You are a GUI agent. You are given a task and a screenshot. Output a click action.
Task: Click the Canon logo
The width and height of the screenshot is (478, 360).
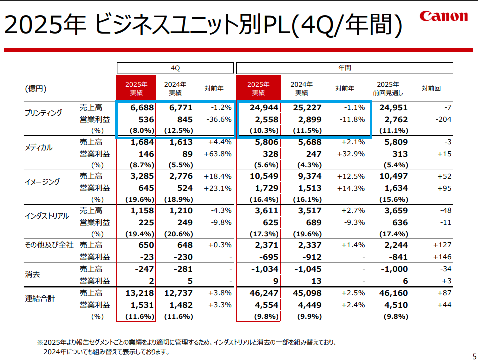coord(444,16)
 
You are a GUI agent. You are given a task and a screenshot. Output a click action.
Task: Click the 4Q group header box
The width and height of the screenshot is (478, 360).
coord(175,67)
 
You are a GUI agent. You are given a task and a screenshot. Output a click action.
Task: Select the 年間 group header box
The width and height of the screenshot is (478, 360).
coord(345,67)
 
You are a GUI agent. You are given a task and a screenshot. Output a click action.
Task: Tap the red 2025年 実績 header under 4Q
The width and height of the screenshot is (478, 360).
coord(136,88)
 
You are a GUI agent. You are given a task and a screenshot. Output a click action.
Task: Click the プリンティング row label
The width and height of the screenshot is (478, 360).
coord(44,113)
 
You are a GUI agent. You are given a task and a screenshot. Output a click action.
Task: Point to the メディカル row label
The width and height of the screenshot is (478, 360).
coord(39,147)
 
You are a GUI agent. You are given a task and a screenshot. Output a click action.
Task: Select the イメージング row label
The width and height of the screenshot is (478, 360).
coord(42,182)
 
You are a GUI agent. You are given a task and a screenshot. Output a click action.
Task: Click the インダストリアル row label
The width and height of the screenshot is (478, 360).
coord(46,216)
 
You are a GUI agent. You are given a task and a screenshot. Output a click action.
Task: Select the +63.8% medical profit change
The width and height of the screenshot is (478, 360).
coord(218,154)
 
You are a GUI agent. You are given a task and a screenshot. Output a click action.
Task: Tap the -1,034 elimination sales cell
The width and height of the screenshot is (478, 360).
coord(265,269)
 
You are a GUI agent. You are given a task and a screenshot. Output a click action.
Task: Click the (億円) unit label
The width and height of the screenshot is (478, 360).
coord(36,88)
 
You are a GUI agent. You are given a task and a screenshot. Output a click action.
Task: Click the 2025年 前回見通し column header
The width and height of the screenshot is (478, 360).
coord(388,88)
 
